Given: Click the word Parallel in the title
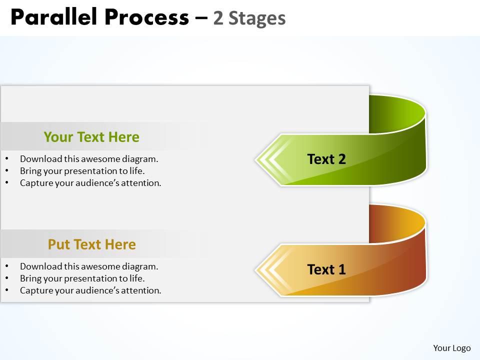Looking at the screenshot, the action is point(54,16).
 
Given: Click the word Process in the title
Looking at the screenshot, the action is point(147,17).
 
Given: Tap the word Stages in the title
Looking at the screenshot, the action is point(257,18).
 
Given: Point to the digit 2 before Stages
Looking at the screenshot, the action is point(218,18).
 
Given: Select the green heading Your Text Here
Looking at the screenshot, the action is point(91,137).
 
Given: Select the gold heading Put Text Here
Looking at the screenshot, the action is point(92,244).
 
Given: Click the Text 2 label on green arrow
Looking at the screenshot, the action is point(326,159).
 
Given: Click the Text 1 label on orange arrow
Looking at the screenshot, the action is point(326,269).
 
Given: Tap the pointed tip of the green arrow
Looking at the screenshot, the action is point(256,159).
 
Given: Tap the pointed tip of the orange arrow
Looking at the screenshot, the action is point(256,269).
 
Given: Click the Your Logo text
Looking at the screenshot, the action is point(452,348).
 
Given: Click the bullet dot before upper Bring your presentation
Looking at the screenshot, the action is point(6,170).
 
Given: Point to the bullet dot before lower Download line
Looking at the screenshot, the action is point(6,266).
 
